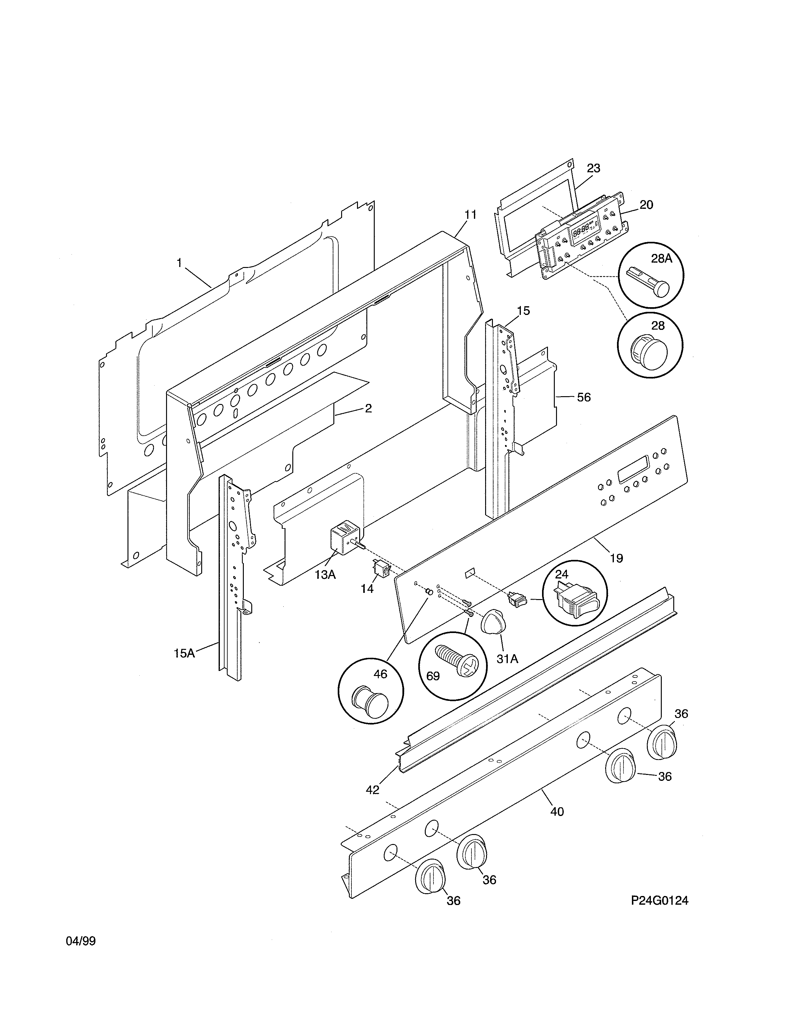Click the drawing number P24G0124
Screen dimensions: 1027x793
point(659,900)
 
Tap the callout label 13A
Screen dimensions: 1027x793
point(325,574)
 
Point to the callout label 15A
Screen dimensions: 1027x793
point(184,653)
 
